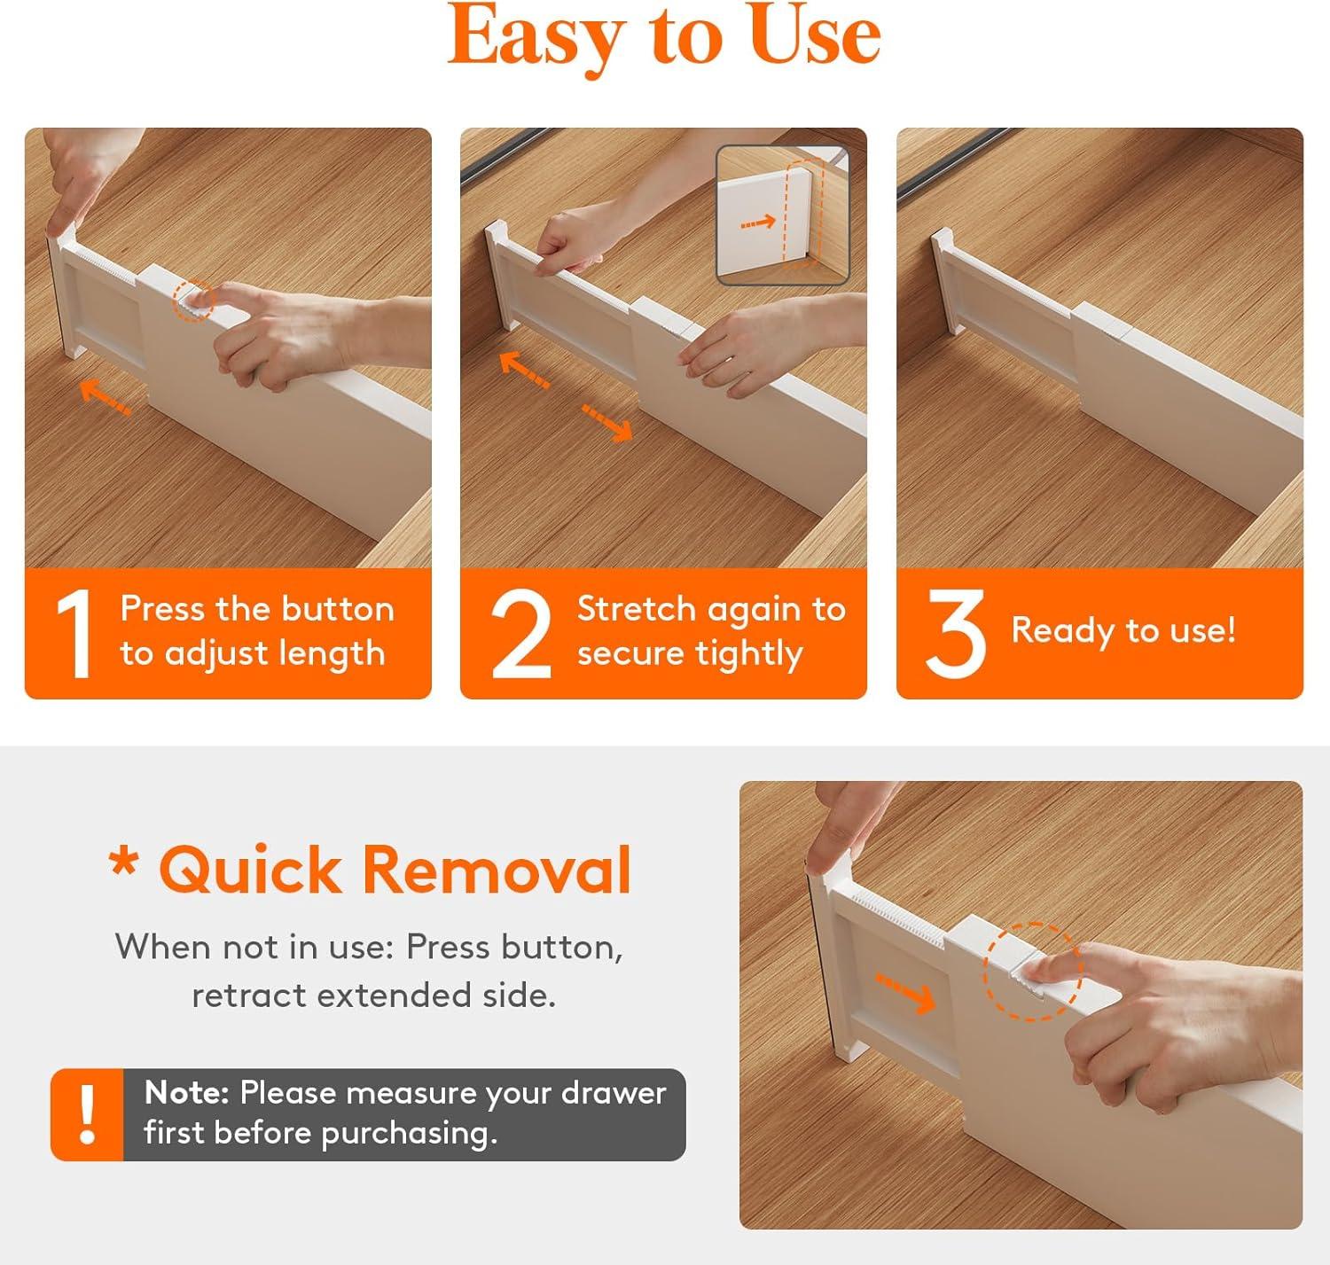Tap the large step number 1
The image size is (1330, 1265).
(x=74, y=633)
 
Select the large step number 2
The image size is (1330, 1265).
(x=520, y=633)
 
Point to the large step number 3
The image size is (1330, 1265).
(x=955, y=633)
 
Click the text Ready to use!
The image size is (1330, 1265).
(x=1123, y=630)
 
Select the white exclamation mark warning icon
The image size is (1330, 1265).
(x=87, y=1114)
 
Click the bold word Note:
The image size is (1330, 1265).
(x=187, y=1092)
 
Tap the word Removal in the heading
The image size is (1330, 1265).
(x=497, y=870)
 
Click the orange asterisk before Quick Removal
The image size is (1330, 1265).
(x=124, y=862)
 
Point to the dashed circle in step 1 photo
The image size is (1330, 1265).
(x=193, y=301)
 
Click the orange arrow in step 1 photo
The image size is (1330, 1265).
(x=106, y=396)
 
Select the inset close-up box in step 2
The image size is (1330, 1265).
(x=782, y=215)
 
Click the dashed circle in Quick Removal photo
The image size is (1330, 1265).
(x=1032, y=971)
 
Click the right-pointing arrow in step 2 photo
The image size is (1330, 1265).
(x=607, y=422)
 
